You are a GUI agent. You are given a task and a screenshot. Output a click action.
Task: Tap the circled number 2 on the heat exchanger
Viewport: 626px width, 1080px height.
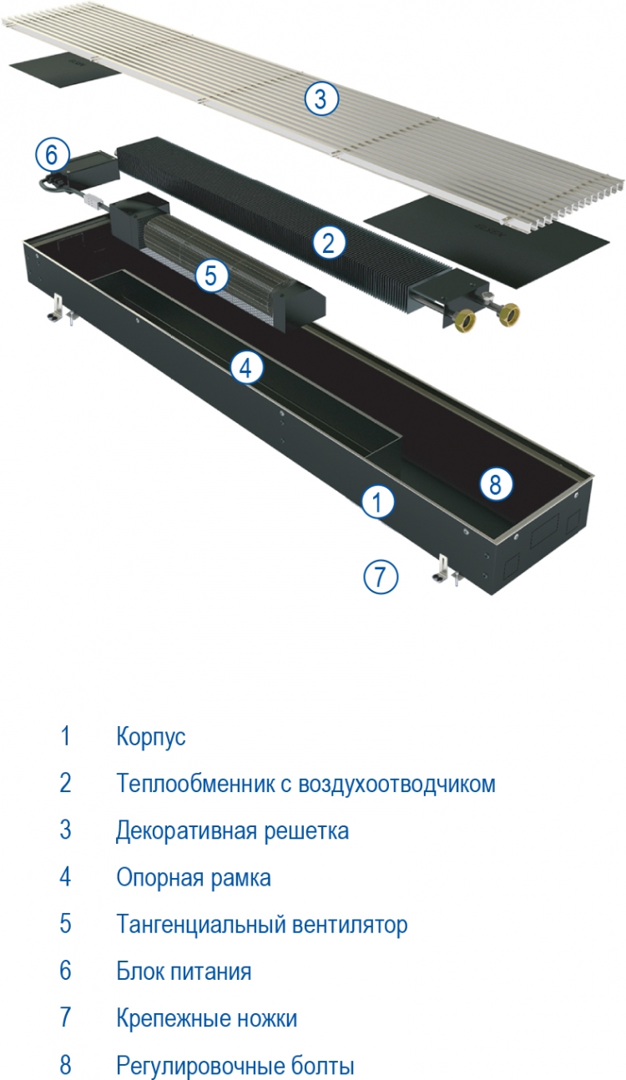pos(328,243)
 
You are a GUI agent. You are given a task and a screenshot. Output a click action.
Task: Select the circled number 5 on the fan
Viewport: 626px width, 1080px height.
pos(211,275)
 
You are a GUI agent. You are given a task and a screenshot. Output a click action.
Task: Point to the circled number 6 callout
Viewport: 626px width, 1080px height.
pos(52,155)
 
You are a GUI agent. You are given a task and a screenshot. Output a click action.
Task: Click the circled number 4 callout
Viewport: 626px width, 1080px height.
pos(246,369)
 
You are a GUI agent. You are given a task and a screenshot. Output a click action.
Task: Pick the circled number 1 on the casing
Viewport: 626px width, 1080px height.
pos(377,502)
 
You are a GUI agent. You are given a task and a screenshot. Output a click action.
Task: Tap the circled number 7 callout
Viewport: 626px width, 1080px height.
pos(381,577)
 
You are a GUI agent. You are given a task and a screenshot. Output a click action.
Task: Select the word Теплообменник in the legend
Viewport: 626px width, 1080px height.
pos(195,784)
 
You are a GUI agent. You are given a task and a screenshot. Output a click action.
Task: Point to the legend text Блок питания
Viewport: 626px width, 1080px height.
pos(184,971)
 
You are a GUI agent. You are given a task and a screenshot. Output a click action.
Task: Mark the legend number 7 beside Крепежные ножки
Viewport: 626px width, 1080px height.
pos(65,1017)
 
